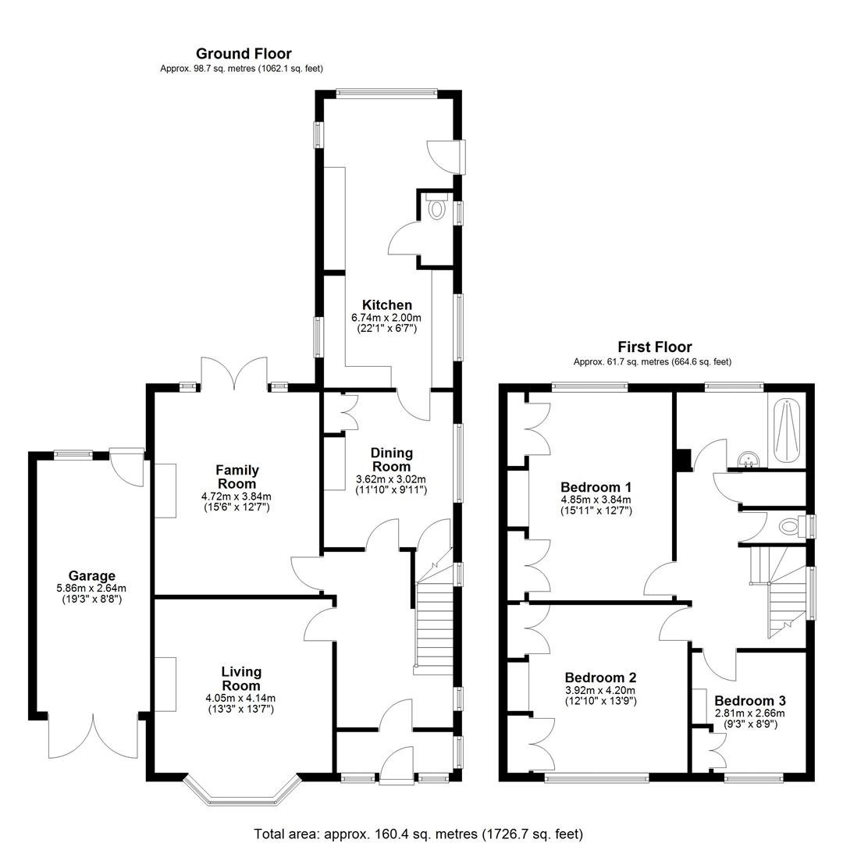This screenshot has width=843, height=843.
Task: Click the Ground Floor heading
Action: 244,54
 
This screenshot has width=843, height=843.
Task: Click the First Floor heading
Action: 654,347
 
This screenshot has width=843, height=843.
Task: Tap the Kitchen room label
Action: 386,305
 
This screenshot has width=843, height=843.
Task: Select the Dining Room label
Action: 391,460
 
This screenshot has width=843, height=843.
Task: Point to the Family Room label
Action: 237,477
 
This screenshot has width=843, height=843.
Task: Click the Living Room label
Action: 241,678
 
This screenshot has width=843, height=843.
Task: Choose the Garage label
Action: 91,576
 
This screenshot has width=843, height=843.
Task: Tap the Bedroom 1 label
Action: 596,487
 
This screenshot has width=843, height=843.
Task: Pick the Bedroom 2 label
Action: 600,678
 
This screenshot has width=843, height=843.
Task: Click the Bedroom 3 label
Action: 750,700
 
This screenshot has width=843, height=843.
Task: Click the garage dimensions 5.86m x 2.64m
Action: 91,589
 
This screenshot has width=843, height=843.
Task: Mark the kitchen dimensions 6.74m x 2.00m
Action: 386,318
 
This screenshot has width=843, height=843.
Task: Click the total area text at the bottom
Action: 418,834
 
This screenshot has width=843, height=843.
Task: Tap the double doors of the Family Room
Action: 234,372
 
